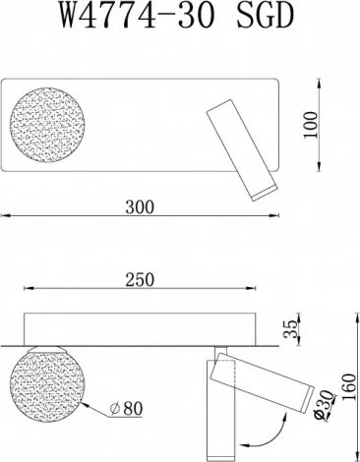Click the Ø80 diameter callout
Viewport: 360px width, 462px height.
[126, 406]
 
